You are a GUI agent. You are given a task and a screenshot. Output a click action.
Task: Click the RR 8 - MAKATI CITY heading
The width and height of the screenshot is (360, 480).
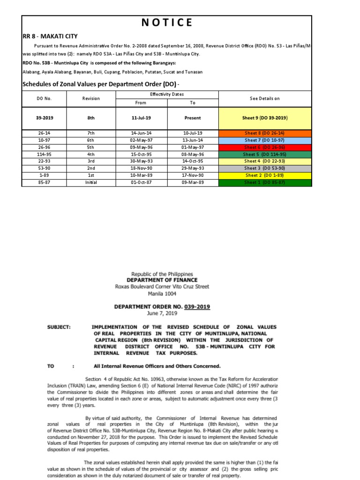(50, 36)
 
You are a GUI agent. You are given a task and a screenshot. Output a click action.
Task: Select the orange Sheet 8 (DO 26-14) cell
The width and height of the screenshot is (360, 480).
(266, 133)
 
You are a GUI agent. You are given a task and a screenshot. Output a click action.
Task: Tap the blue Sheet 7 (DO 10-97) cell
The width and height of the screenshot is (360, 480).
(266, 140)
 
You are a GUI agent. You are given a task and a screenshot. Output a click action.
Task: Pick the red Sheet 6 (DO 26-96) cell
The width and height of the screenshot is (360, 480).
(266, 147)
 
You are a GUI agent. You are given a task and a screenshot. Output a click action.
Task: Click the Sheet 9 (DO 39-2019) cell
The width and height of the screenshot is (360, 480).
(266, 118)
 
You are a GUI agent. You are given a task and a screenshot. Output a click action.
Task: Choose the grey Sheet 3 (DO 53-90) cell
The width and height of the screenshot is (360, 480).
(266, 168)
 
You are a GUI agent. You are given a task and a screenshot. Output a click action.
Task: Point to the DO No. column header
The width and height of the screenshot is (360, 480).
(45, 98)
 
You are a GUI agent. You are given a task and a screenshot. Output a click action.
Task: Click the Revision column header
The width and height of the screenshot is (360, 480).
(91, 98)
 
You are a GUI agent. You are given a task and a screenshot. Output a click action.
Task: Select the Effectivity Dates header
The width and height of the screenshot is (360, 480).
(166, 94)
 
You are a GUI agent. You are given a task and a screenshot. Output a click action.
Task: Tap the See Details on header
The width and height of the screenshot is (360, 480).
(265, 98)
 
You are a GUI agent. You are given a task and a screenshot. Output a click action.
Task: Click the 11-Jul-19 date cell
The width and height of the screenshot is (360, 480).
(141, 118)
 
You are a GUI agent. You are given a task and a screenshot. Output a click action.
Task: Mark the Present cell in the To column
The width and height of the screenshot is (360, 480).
(193, 118)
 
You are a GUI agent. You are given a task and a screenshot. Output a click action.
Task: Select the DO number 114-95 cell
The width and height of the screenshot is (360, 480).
(45, 154)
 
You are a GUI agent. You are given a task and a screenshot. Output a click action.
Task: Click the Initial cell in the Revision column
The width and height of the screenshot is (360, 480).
(91, 182)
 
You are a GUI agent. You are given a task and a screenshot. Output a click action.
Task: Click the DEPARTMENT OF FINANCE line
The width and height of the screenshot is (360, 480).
(162, 280)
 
